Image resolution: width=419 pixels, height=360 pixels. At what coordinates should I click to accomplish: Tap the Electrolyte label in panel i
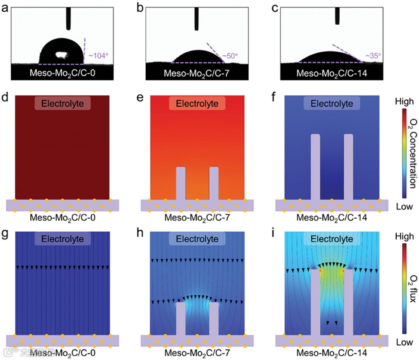point(332,239)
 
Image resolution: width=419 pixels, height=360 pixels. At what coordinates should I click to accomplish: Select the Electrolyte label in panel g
point(62,239)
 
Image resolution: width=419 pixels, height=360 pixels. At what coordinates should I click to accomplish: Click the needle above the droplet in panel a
point(68,18)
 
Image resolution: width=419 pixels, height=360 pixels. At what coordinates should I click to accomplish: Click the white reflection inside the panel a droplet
point(61,54)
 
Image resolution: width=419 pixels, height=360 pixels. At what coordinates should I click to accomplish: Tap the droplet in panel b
point(197,57)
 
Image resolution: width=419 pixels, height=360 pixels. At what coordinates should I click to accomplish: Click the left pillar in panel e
point(181,183)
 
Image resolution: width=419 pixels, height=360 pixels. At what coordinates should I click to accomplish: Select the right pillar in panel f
point(349,167)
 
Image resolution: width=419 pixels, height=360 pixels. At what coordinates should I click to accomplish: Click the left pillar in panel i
point(316,302)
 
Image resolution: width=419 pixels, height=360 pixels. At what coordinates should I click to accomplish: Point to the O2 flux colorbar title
point(411,284)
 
